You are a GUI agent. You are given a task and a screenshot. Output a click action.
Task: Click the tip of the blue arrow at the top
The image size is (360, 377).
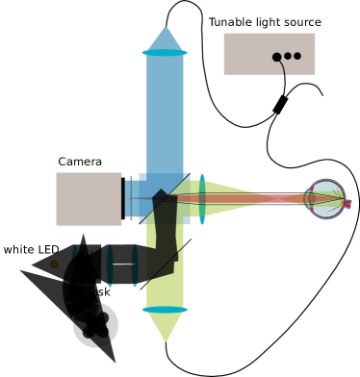165,28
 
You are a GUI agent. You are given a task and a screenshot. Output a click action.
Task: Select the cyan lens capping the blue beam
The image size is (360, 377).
165,53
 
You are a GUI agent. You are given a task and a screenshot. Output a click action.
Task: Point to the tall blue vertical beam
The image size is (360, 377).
165,115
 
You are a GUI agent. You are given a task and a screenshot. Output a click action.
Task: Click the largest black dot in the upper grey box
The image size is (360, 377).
277,57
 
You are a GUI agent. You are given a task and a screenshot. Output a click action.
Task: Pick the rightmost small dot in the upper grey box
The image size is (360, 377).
297,56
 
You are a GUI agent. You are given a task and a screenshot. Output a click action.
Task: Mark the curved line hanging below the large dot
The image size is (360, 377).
282,68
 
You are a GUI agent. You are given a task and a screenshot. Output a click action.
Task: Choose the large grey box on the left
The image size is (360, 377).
89,199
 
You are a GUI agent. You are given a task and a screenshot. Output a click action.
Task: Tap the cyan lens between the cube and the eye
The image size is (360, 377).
202,199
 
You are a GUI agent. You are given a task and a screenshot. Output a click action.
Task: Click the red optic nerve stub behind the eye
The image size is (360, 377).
347,203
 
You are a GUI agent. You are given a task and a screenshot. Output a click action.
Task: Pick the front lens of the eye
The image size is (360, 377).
311,199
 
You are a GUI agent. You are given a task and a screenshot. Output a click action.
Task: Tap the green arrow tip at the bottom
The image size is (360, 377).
165,339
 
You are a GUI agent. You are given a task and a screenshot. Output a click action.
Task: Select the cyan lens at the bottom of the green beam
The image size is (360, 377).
165,310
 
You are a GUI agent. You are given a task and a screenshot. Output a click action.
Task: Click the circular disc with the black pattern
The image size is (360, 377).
96,325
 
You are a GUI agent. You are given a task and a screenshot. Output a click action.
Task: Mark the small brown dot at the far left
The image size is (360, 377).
54,264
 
